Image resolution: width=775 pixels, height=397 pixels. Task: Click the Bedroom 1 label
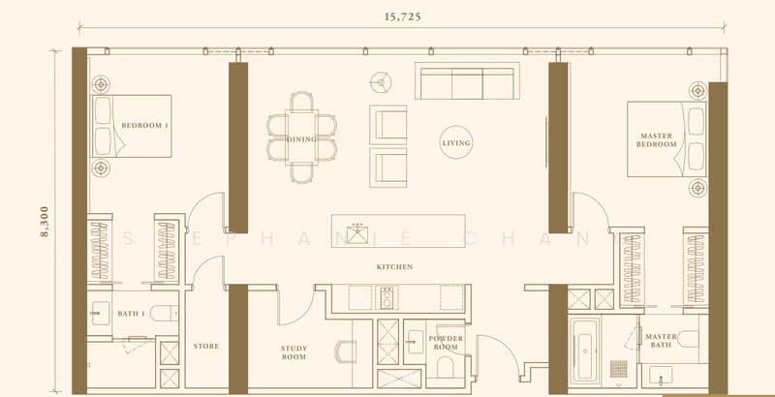pos(145,126)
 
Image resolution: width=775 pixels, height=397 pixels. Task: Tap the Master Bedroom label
pos(657,139)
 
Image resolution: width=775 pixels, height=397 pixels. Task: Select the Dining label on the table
pos(301,139)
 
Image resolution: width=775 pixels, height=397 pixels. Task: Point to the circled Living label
pos(455,142)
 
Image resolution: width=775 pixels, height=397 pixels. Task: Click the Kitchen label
pos(395,266)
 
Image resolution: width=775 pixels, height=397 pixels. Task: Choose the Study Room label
pos(294,353)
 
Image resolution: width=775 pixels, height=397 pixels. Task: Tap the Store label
pos(205,346)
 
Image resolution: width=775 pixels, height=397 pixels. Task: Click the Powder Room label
pos(447,342)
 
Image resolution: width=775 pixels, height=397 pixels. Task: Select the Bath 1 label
pos(130,314)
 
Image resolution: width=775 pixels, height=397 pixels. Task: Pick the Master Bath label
pos(661,341)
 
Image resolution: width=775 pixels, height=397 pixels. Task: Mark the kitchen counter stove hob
pos(385,295)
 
